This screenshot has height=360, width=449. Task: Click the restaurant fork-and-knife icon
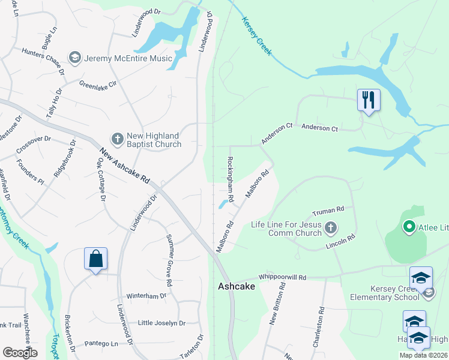pos(369,100)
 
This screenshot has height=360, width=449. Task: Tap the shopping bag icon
pos(95,259)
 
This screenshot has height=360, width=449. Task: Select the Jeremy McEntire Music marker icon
pos(75,58)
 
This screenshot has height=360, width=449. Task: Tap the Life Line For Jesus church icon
pos(331,228)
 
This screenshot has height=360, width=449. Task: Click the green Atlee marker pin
pos(409,227)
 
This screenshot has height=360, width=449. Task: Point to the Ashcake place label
pos(236,287)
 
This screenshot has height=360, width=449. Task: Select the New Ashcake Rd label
pos(124,167)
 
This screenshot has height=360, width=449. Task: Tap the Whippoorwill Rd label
pos(282,277)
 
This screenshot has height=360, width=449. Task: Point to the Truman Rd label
pos(328,212)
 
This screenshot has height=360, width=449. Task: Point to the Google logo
pos(20,353)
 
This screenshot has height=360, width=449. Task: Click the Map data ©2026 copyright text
pos(423,355)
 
